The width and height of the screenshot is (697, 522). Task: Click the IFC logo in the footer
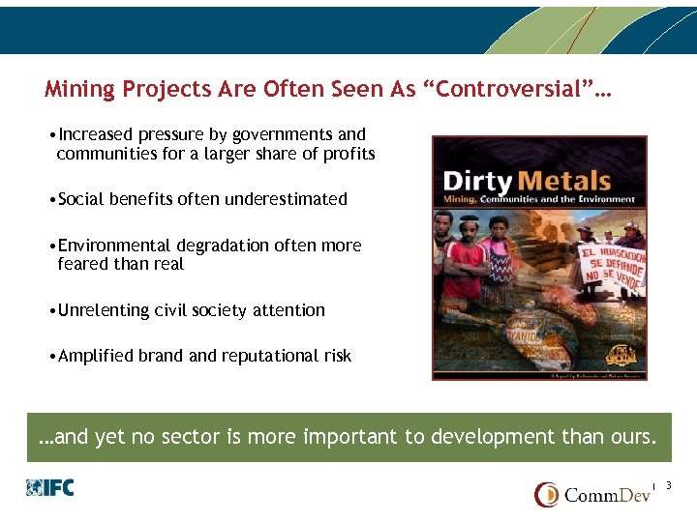click(x=50, y=488)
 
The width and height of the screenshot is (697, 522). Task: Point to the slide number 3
click(x=669, y=485)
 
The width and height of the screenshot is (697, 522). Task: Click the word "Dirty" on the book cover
click(x=477, y=181)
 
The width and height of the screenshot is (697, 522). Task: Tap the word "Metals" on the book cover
click(x=562, y=181)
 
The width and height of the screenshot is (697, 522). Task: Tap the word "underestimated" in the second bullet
click(x=286, y=199)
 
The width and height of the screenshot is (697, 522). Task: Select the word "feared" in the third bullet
click(x=80, y=264)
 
